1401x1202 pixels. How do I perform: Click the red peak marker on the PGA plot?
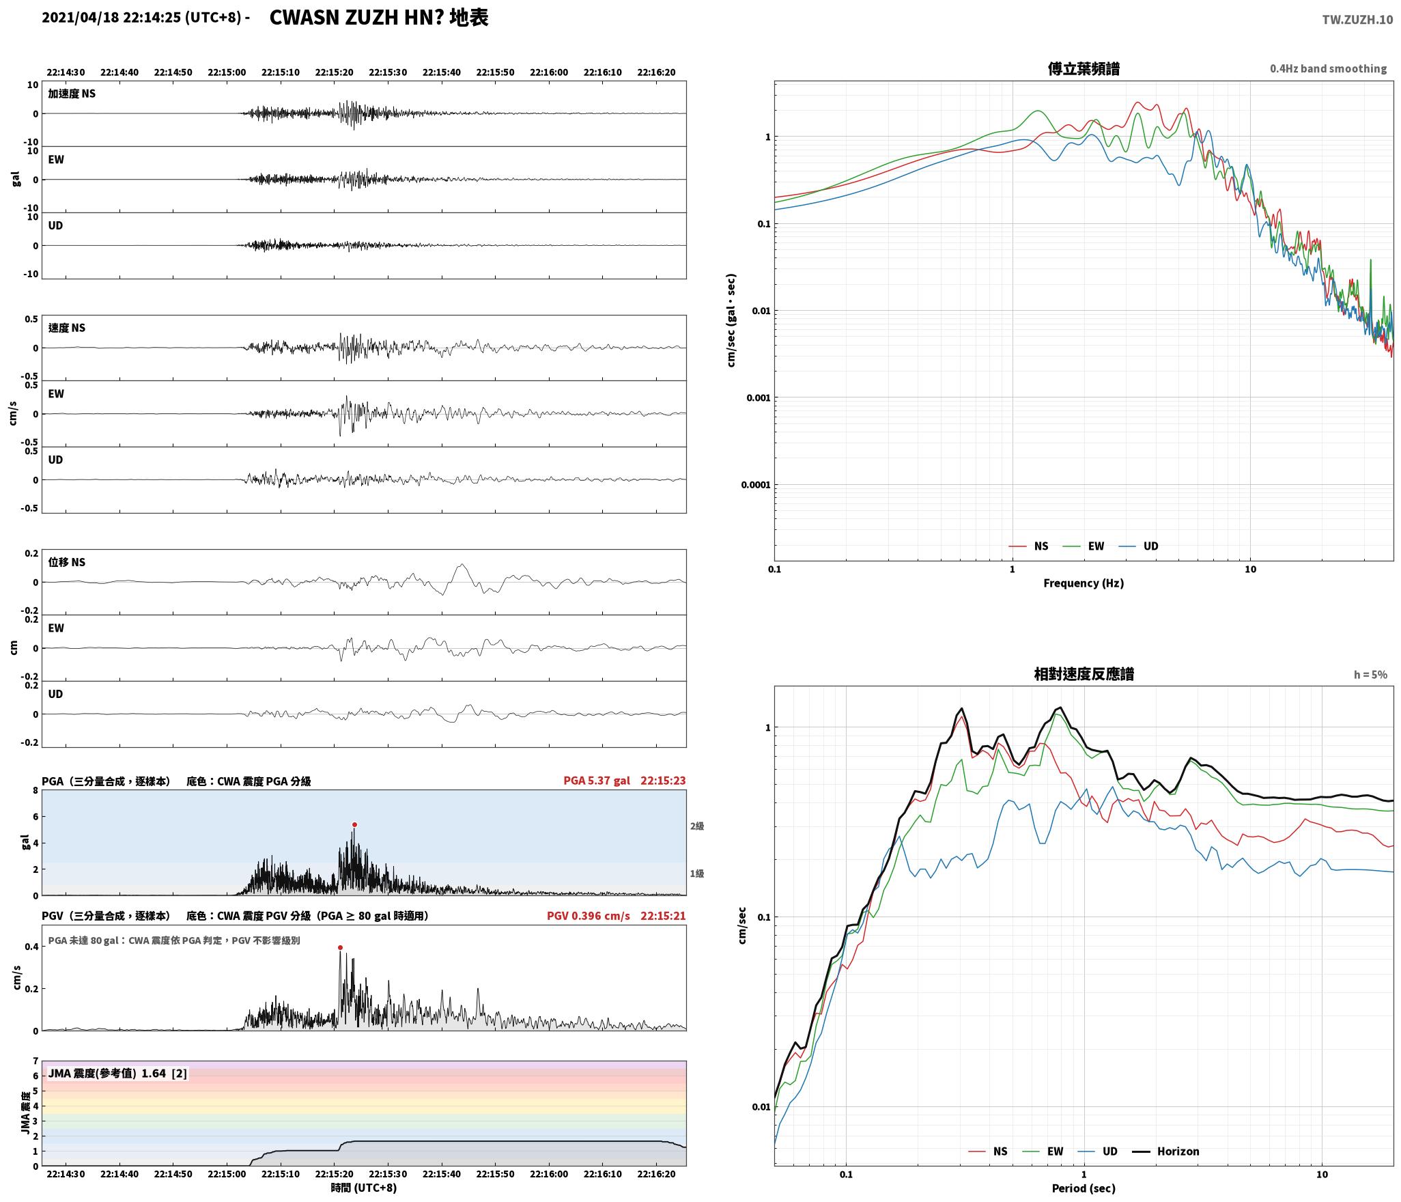click(354, 824)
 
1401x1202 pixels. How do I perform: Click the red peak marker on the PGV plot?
click(340, 947)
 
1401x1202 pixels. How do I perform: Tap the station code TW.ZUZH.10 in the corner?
click(1357, 20)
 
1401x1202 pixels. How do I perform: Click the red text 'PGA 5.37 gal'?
click(597, 781)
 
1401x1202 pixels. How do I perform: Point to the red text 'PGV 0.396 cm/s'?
click(589, 915)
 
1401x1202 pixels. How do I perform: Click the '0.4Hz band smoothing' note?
click(1328, 69)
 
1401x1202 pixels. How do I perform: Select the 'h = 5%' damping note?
click(1370, 674)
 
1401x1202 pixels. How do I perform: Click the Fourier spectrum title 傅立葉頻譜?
click(1084, 68)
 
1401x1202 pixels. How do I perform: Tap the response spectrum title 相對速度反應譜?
click(1084, 673)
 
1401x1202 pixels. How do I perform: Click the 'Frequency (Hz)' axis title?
click(1084, 583)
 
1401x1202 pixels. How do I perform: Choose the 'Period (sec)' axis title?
click(1084, 1188)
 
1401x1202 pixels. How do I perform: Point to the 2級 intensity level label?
click(696, 826)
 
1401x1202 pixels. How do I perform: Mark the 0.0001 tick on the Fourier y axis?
click(756, 485)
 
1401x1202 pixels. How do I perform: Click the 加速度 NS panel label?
click(72, 94)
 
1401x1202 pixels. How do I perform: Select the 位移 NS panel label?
click(66, 562)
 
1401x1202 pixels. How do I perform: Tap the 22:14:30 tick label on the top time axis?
click(66, 72)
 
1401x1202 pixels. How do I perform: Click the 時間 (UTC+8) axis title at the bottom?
click(364, 1188)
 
